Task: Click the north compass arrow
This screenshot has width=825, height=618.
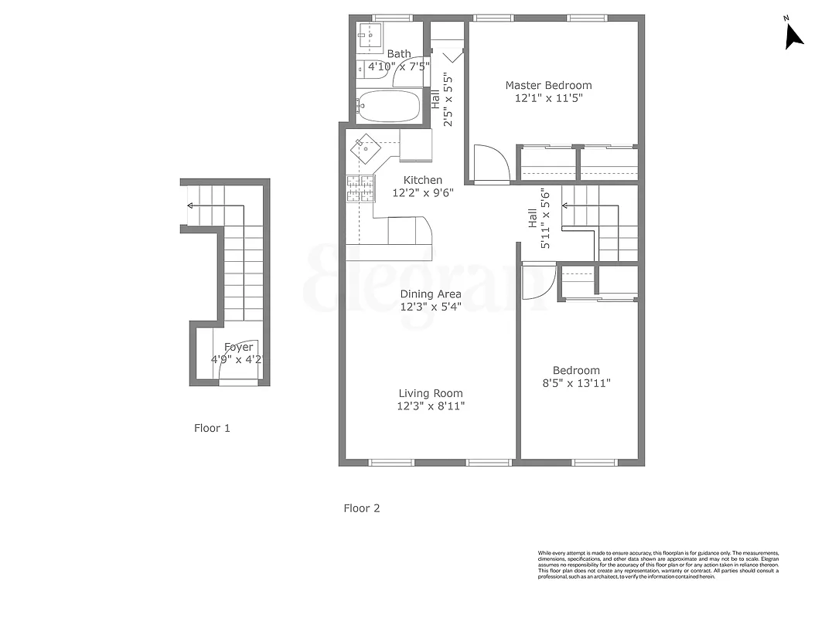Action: [793, 36]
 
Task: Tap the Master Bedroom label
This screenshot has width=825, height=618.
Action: [548, 85]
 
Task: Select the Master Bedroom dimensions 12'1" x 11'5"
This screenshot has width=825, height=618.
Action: [548, 98]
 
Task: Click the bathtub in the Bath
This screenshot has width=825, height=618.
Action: [389, 106]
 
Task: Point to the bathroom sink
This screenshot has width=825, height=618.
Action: [370, 35]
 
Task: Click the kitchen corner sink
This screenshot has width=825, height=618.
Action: [364, 144]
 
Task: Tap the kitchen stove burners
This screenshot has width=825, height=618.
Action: [360, 188]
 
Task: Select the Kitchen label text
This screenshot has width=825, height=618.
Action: [422, 180]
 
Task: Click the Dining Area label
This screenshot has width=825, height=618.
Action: [431, 294]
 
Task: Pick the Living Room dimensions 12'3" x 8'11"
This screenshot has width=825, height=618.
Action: [431, 406]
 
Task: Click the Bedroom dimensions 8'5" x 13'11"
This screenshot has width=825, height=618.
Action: [576, 383]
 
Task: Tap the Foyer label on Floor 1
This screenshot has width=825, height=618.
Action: [238, 347]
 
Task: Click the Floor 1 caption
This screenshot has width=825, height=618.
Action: [212, 428]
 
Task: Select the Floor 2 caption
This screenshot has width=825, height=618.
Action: [362, 508]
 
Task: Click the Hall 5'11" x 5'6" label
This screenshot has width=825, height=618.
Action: [538, 219]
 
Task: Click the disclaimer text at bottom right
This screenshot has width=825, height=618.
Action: [658, 565]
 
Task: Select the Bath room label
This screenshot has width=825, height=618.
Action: [399, 53]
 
